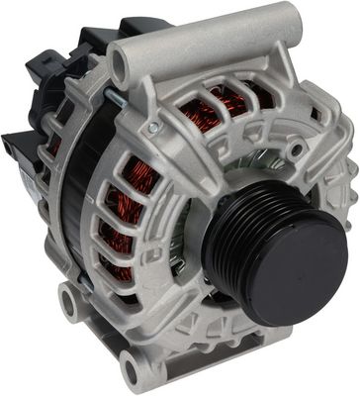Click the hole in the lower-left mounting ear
[x=72, y=298]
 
